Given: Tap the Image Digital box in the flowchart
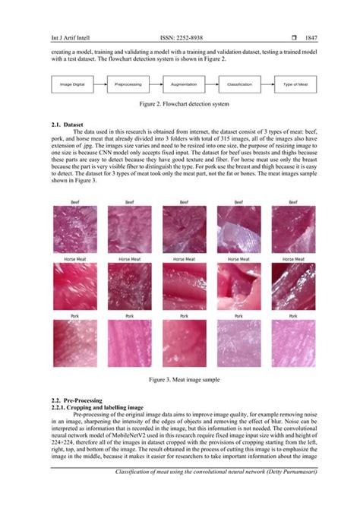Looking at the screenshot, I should tap(73, 84).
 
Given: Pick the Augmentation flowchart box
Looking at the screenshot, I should tap(185, 84).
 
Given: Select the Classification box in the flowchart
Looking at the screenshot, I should tap(239, 84).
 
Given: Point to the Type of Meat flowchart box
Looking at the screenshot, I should tap(295, 84).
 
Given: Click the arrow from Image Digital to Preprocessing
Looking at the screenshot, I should tap(100, 84).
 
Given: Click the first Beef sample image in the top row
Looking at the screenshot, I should tap(74, 230).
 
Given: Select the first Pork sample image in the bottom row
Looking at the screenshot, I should tap(74, 340).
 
